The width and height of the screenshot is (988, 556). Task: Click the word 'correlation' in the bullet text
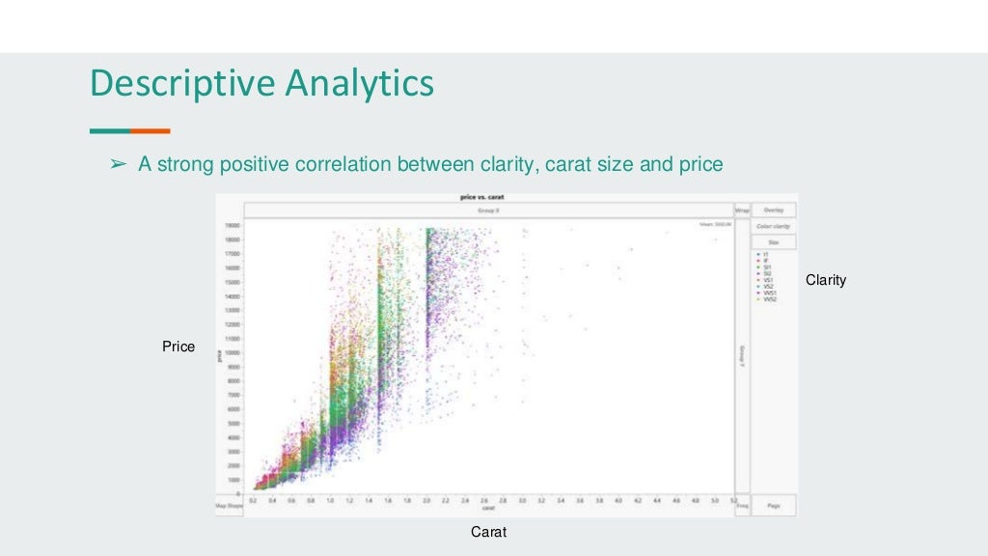point(344,165)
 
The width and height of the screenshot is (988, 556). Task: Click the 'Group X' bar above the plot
point(488,209)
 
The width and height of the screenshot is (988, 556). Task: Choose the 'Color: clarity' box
point(774,226)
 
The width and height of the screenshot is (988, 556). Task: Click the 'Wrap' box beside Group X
point(742,209)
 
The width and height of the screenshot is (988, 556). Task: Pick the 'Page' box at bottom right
point(774,505)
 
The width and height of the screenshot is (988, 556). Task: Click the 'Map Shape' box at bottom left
point(229,505)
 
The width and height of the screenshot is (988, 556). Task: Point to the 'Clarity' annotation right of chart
point(826,280)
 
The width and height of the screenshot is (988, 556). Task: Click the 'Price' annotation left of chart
point(178,347)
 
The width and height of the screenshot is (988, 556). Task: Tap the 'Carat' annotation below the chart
point(488,532)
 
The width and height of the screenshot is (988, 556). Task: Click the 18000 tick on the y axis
point(233,225)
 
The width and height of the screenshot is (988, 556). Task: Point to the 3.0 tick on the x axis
point(522,501)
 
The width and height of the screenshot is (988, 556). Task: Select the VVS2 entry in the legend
point(769,300)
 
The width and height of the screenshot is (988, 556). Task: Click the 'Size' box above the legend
point(774,242)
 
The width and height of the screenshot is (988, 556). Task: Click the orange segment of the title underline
point(151,130)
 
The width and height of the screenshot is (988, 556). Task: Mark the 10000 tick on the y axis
point(233,352)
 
